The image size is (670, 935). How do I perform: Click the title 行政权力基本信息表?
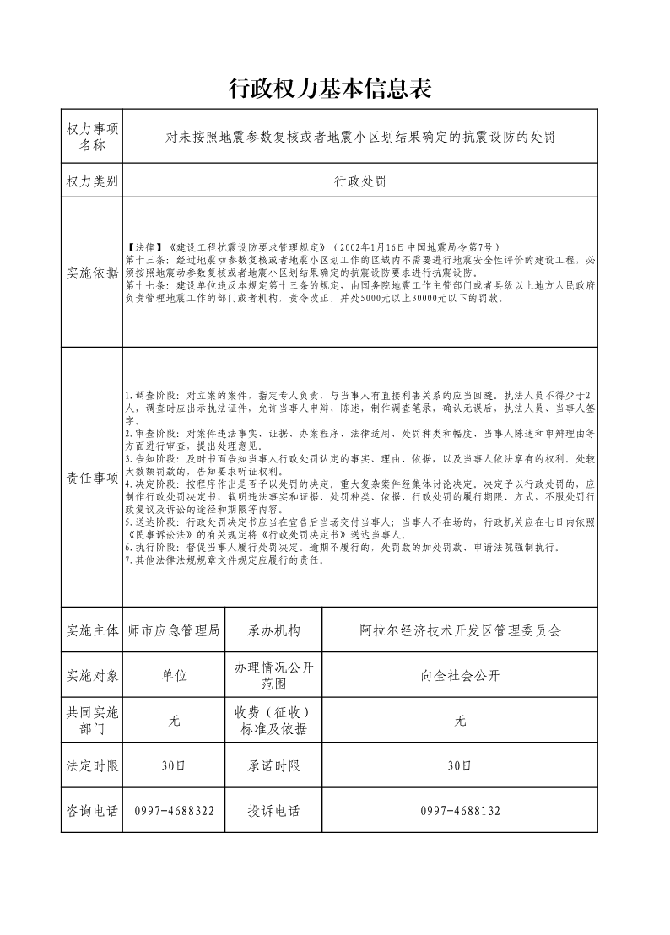[335, 88]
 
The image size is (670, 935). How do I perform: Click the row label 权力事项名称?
[92, 136]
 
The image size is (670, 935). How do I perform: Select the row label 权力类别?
[92, 181]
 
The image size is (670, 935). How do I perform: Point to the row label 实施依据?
[92, 273]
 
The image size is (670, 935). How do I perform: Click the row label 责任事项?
[92, 478]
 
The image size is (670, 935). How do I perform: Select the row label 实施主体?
[92, 630]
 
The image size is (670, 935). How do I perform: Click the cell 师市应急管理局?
[174, 630]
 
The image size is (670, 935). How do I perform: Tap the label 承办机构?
[273, 630]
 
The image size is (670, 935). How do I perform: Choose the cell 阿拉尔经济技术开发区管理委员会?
[460, 630]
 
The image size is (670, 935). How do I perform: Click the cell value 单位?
[174, 676]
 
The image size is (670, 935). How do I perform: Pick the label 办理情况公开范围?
[273, 676]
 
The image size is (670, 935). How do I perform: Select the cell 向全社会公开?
[460, 676]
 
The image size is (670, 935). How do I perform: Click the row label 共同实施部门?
[92, 721]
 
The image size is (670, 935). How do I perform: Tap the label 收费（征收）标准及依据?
[273, 721]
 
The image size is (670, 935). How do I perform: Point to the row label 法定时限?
[92, 766]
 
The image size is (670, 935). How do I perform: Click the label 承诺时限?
[273, 766]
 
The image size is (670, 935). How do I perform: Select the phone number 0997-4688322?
[174, 811]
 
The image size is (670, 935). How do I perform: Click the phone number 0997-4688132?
[460, 811]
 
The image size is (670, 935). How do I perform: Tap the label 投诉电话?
[273, 811]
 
